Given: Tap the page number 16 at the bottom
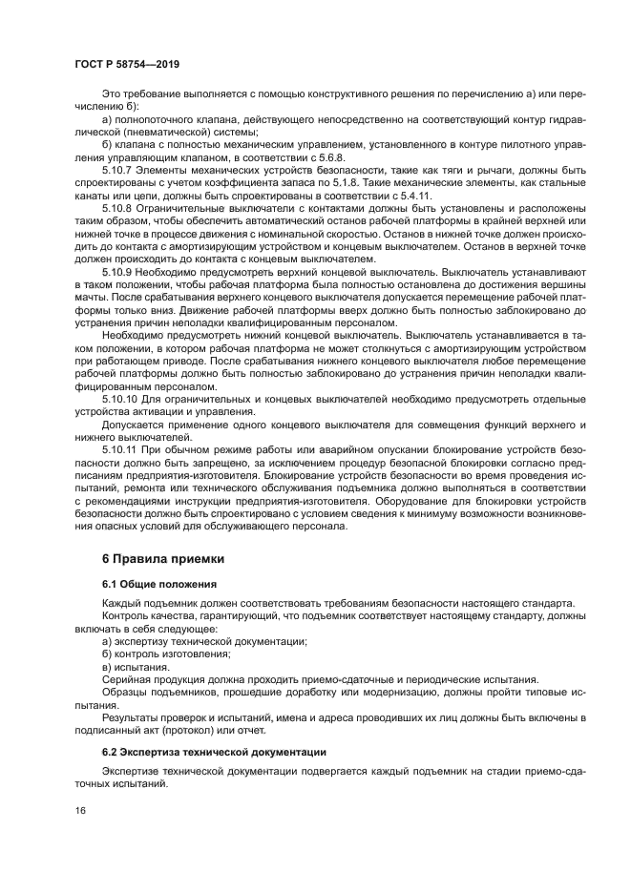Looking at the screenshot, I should coord(81,810).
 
